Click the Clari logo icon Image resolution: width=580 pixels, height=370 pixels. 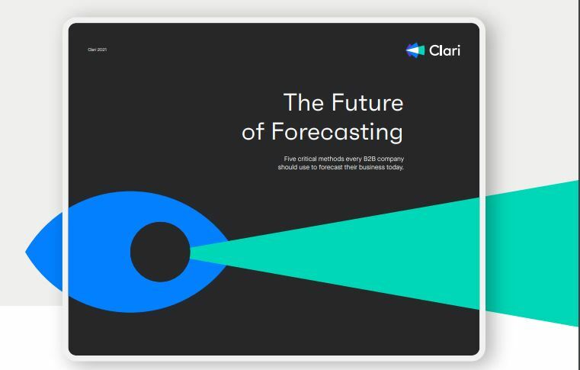pos(415,50)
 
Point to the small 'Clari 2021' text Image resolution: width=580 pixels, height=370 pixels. pos(97,50)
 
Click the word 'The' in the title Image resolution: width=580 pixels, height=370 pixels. pos(303,102)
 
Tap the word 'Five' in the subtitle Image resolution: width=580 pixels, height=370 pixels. pos(290,159)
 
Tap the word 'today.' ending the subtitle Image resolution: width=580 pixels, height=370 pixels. pos(393,166)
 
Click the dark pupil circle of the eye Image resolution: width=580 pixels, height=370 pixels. pos(159,251)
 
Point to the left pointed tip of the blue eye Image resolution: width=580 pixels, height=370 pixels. pos(28,251)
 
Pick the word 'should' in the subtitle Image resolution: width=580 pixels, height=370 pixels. pos(287,166)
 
